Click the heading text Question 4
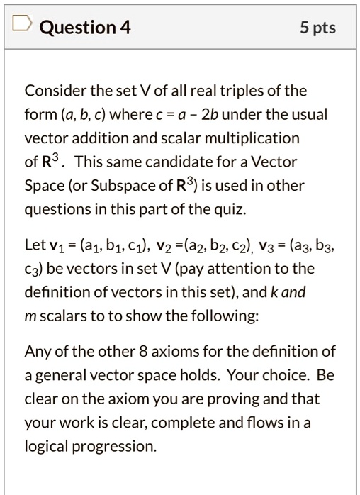pos(85,28)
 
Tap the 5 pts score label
pos(317,28)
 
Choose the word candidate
pos(182,161)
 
